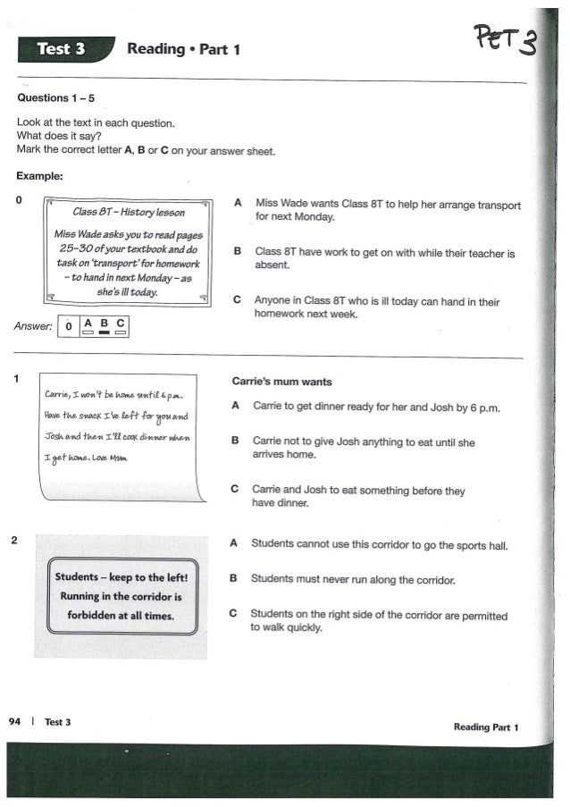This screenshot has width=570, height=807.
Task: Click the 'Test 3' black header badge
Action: click(61, 49)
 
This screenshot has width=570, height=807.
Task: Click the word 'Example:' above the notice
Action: click(39, 176)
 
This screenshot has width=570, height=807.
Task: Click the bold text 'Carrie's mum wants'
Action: click(281, 382)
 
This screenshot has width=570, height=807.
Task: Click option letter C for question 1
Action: click(235, 490)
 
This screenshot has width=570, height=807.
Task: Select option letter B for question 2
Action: click(234, 579)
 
